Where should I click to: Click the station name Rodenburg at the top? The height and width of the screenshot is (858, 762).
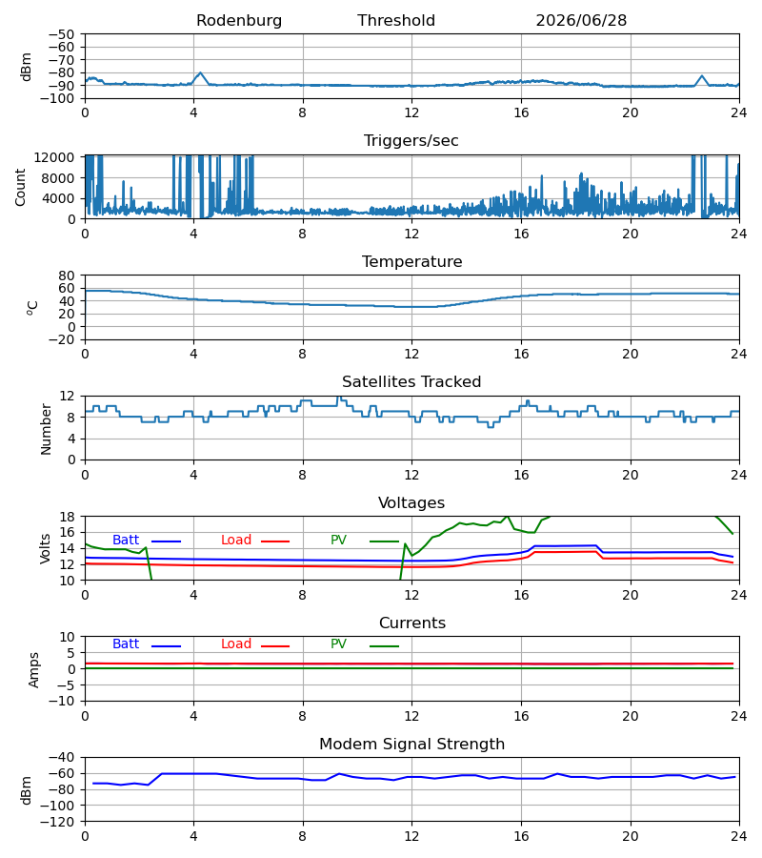(239, 21)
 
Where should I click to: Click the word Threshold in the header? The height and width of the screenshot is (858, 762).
(396, 21)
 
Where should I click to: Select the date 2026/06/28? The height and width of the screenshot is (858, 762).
(581, 21)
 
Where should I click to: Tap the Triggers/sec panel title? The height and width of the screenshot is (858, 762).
(411, 141)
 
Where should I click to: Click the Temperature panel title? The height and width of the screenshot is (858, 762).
(411, 261)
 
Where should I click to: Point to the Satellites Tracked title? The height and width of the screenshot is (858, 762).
(411, 382)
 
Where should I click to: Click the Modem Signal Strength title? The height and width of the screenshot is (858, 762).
(411, 745)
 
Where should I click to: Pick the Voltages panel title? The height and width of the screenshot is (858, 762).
(411, 502)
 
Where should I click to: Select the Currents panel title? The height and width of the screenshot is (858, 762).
(412, 623)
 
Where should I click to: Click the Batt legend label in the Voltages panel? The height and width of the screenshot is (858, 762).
(126, 541)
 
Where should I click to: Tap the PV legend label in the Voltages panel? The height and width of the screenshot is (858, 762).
(338, 541)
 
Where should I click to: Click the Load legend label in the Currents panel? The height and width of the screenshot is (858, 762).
(236, 644)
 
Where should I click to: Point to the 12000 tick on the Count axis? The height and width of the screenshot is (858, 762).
(54, 157)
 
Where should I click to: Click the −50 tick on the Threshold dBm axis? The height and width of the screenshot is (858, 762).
(61, 34)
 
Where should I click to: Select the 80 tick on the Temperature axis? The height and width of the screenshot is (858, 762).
(67, 276)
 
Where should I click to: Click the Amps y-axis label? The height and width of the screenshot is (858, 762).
(34, 670)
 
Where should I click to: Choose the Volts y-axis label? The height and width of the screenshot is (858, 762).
(45, 549)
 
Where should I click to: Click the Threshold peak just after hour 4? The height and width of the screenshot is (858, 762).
(200, 72)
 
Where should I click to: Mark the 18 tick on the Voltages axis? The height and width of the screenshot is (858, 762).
(67, 517)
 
